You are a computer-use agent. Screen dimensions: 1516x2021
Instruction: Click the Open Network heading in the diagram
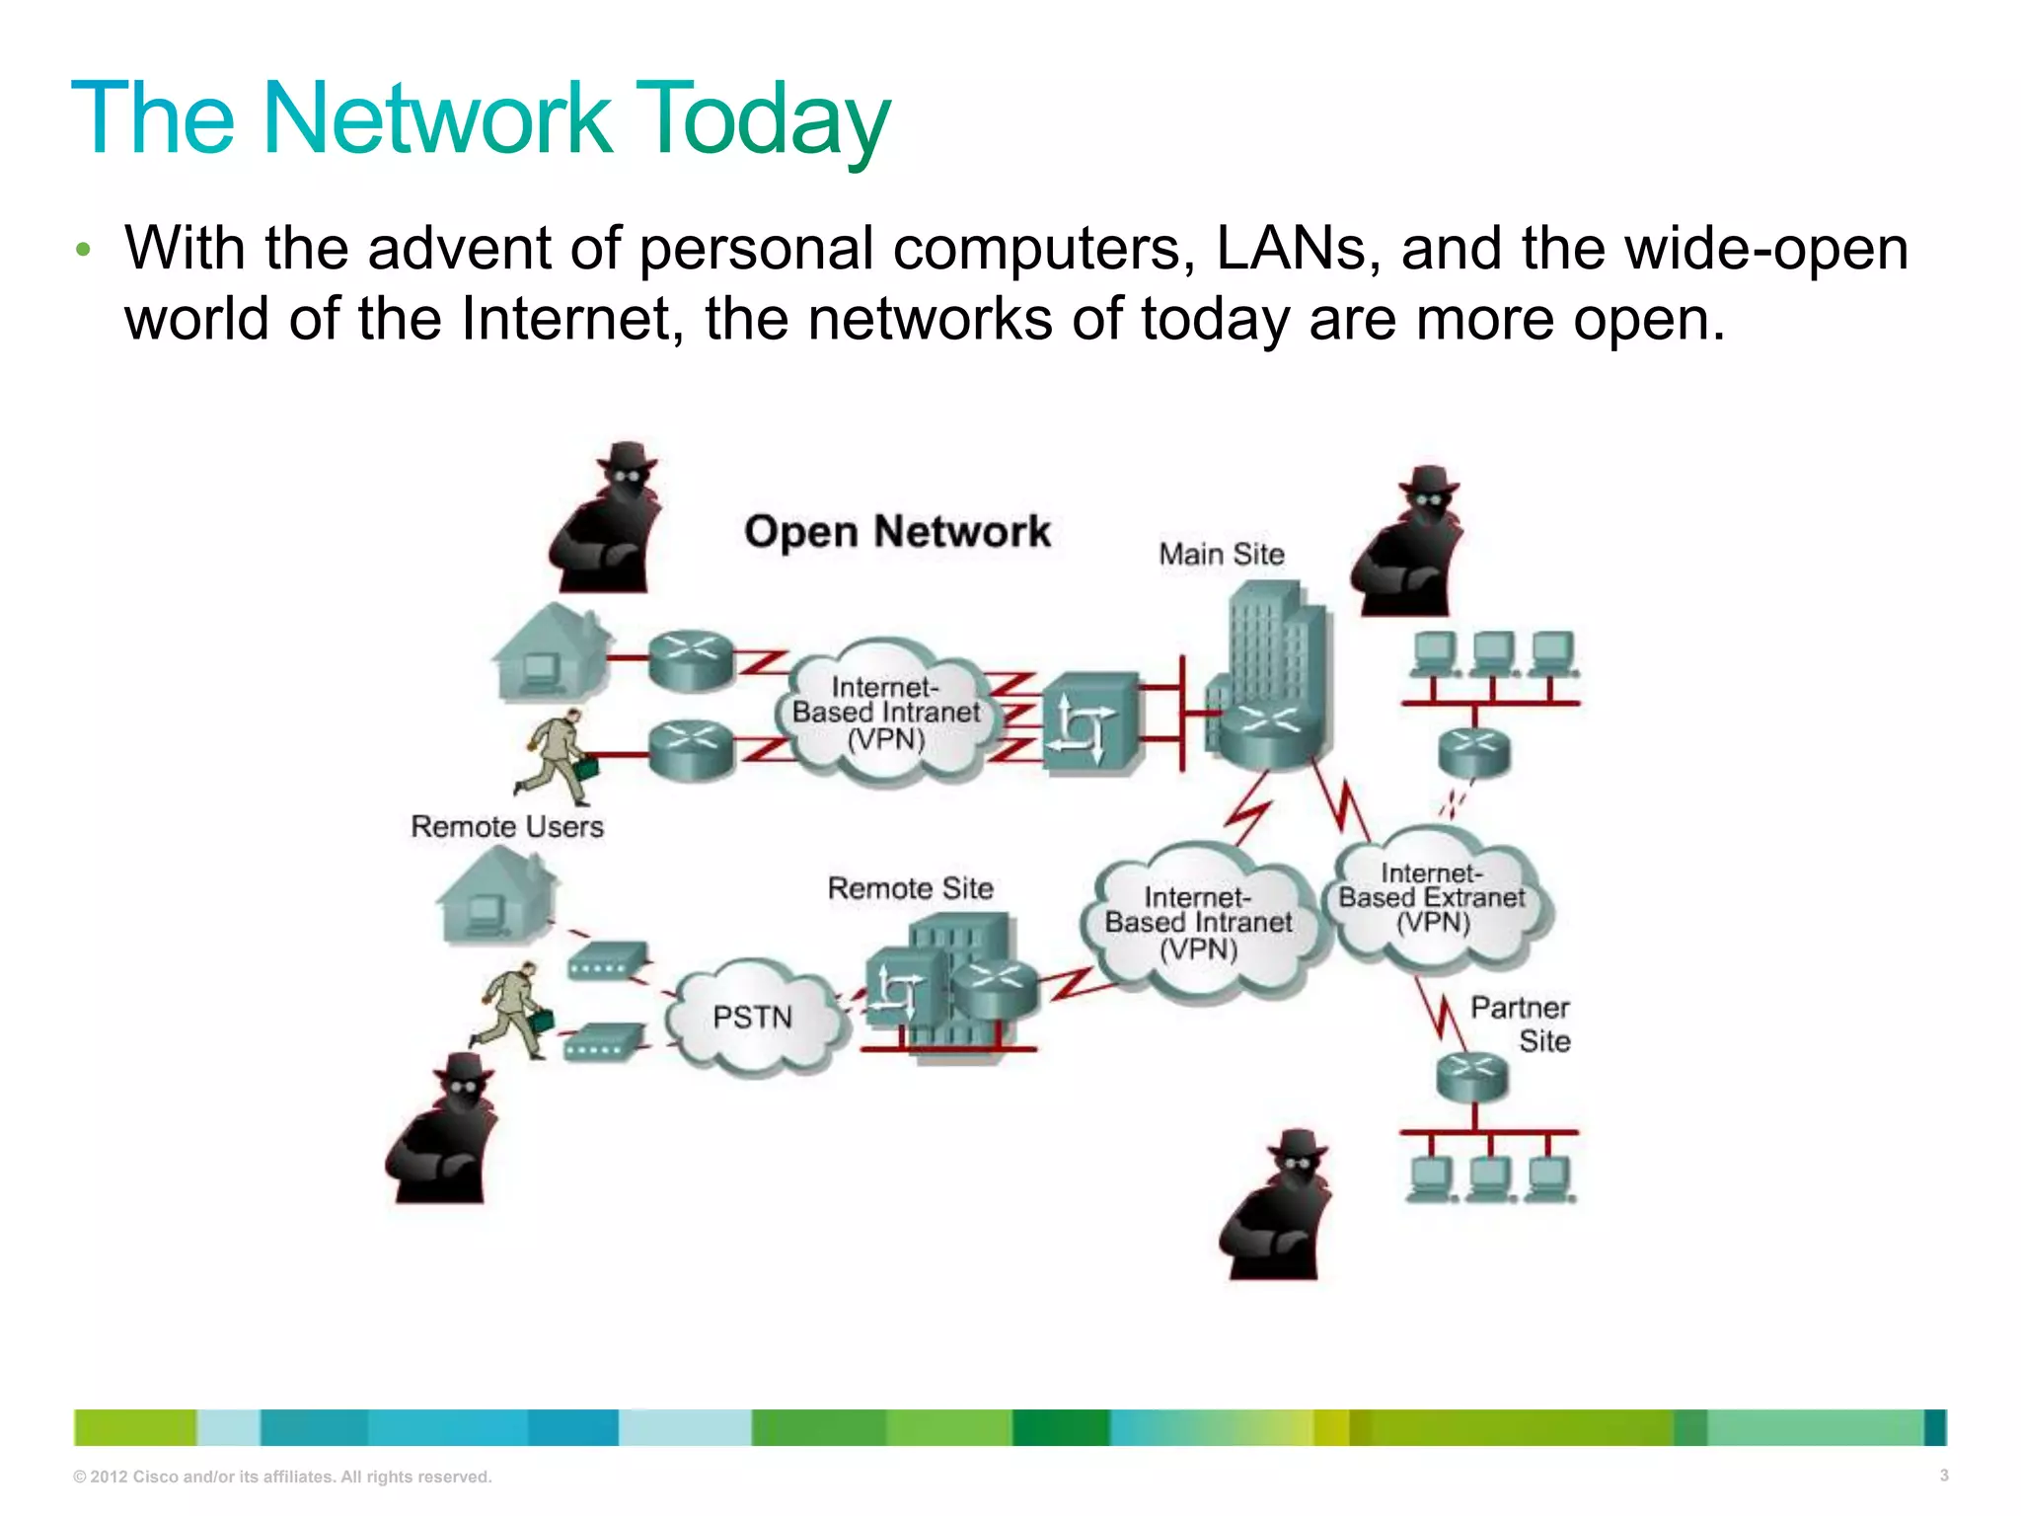pyautogui.click(x=897, y=532)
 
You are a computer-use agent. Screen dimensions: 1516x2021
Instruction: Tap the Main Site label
pyautogui.click(x=1222, y=555)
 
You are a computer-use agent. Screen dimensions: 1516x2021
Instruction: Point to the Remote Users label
pyautogui.click(x=507, y=826)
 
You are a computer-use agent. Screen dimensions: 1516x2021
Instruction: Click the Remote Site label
pyautogui.click(x=910, y=888)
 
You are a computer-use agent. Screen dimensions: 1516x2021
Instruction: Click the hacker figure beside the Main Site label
pyautogui.click(x=1408, y=543)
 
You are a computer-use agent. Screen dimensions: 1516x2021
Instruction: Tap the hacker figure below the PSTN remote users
pyautogui.click(x=443, y=1130)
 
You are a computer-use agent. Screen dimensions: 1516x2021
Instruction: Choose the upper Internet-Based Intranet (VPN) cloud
pyautogui.click(x=886, y=713)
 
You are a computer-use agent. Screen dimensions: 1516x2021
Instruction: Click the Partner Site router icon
pyautogui.click(x=1472, y=1076)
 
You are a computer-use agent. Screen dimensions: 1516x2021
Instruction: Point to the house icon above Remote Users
pyautogui.click(x=551, y=653)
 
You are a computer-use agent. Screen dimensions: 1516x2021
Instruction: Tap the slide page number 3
pyautogui.click(x=1943, y=1476)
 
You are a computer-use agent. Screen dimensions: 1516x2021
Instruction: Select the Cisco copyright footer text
pyautogui.click(x=282, y=1477)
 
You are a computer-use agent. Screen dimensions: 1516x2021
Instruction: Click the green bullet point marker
pyautogui.click(x=83, y=250)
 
